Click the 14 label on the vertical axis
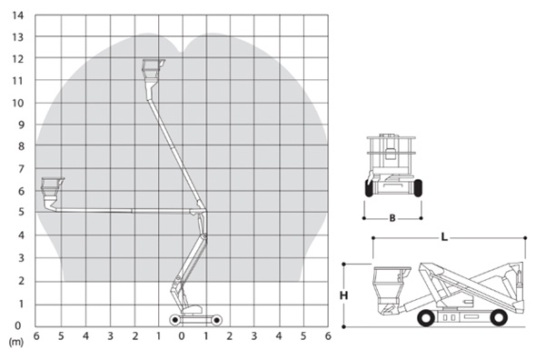pos(18,15)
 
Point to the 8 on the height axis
pos(21,146)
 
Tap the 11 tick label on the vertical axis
pos(18,81)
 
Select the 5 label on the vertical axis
pos(21,212)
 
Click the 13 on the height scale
pos(18,37)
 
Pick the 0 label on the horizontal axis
pos(182,336)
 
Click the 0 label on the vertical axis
pos(18,325)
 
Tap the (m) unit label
pos(15,342)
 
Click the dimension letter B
pos(392,218)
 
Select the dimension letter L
pos(444,236)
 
